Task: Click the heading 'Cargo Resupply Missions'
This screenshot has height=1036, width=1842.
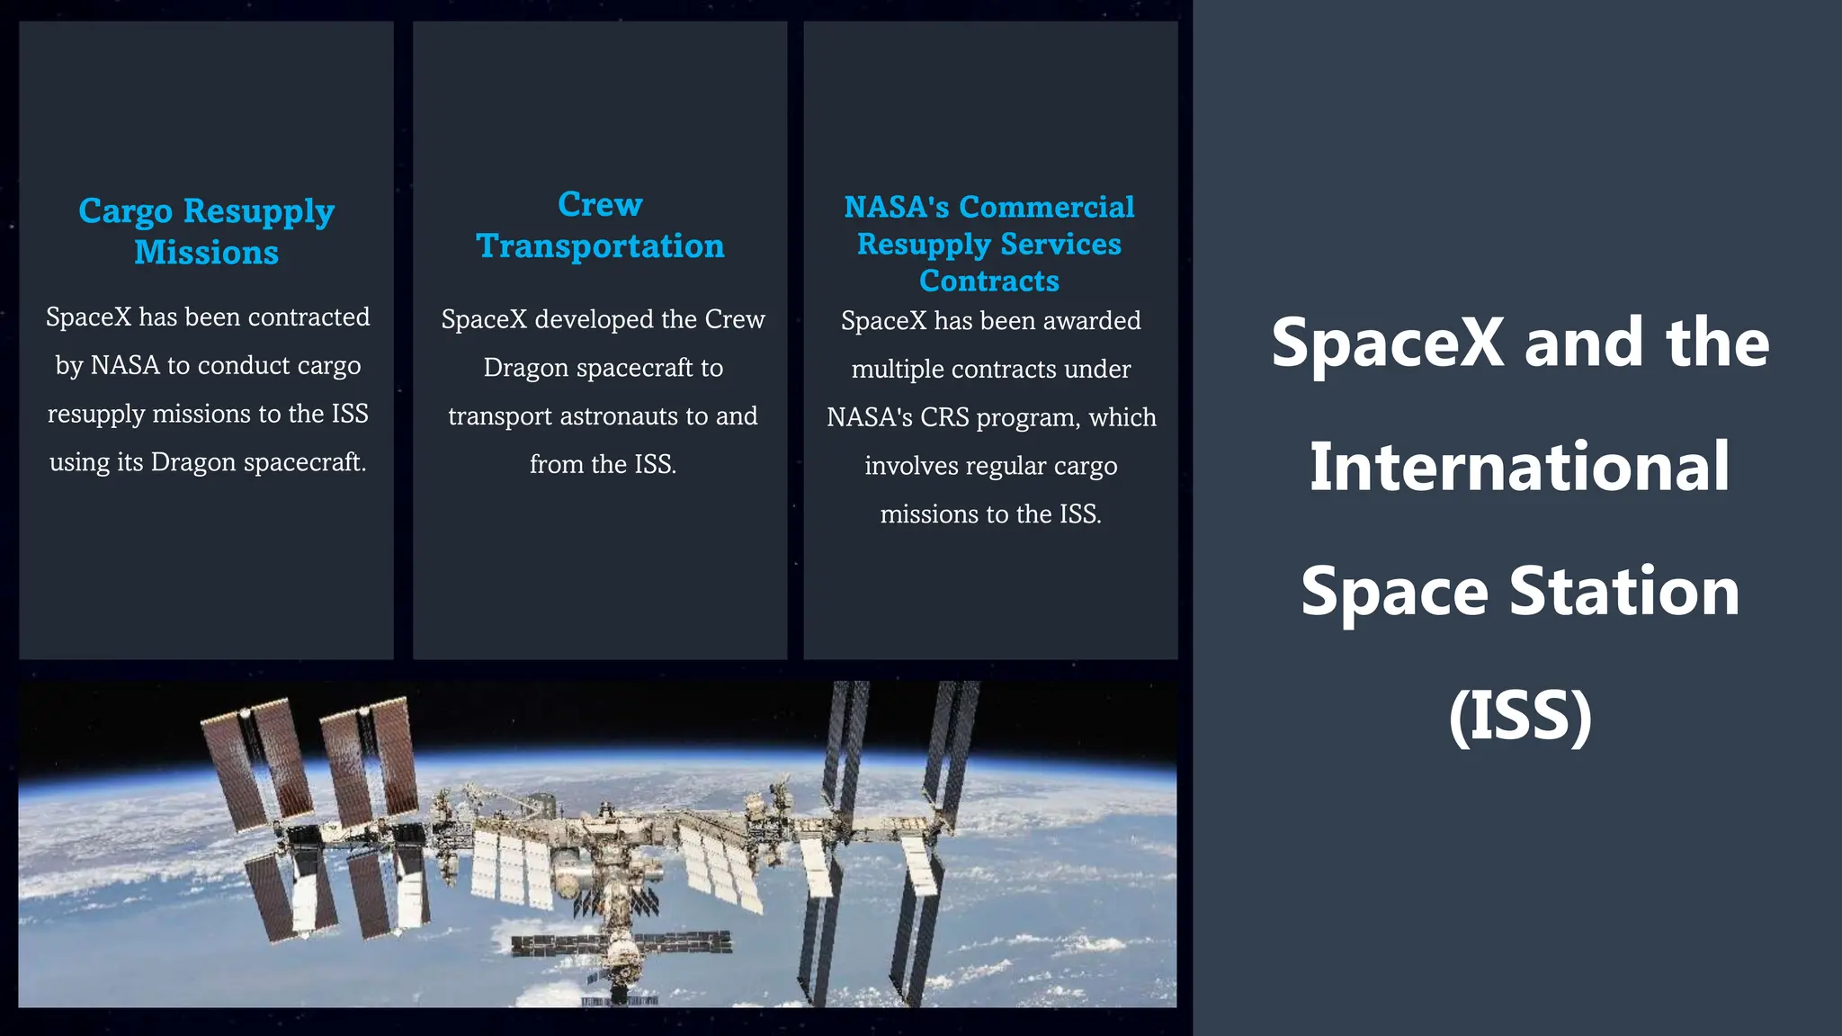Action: (206, 231)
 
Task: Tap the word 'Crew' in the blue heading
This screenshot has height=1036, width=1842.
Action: (600, 205)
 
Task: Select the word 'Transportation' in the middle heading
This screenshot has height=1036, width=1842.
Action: (600, 246)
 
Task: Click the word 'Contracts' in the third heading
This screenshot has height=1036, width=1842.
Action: (988, 281)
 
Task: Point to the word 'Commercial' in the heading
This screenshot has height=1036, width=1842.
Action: (1046, 208)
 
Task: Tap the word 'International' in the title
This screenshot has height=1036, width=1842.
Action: (1519, 468)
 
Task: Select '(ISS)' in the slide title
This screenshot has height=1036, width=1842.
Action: (1519, 716)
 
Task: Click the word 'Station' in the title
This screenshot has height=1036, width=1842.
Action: (1623, 592)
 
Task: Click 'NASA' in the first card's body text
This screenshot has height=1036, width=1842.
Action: (125, 366)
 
